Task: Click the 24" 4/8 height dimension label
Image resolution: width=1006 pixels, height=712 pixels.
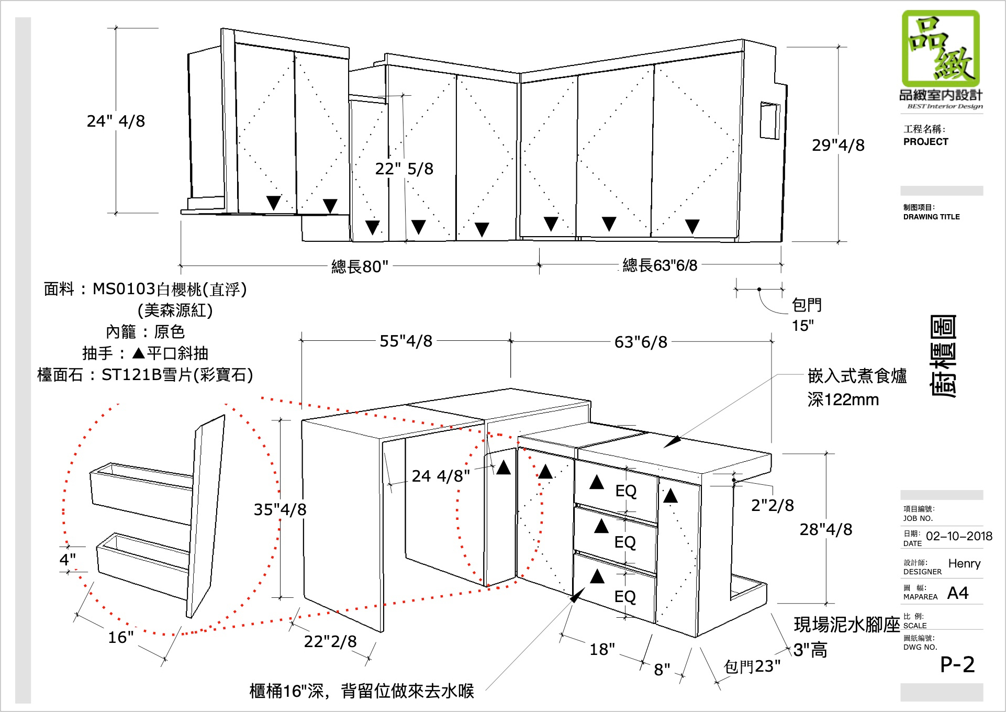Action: [116, 121]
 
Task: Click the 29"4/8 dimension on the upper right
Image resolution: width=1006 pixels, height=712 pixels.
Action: [838, 145]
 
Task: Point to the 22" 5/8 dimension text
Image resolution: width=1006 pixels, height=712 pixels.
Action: [404, 169]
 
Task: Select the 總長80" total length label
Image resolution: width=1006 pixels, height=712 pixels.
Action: [360, 266]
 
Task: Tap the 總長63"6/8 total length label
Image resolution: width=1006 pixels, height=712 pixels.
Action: [660, 265]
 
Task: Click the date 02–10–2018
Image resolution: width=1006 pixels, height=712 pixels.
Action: [959, 536]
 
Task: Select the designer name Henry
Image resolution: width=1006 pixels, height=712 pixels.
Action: [964, 563]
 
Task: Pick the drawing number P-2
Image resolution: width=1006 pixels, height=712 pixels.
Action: [957, 664]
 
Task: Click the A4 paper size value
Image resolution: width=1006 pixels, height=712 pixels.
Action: [958, 593]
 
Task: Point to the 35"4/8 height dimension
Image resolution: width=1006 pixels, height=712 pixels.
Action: [280, 509]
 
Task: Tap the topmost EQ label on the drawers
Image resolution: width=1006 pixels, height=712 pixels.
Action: [626, 491]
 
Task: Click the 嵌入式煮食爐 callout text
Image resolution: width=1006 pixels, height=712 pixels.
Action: [857, 376]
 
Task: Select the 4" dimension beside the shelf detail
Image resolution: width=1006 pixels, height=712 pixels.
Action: [68, 559]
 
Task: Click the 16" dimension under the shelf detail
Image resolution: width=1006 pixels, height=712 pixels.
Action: [121, 637]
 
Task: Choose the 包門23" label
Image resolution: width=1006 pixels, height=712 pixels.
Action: [752, 666]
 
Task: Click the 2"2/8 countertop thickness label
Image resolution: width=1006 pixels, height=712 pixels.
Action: [772, 505]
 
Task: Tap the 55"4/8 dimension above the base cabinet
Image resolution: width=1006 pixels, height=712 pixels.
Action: [406, 341]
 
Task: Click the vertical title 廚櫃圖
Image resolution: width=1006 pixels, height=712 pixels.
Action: [943, 356]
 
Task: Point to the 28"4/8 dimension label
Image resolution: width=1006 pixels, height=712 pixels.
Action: [825, 529]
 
